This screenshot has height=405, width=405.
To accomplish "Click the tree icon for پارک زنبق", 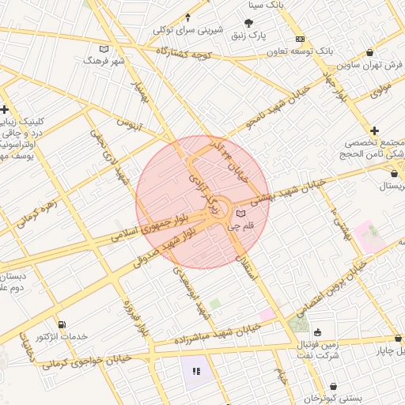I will click(x=250, y=23).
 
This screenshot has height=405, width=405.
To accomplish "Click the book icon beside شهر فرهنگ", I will click(x=104, y=49).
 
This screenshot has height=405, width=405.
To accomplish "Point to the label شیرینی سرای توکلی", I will click(x=184, y=29).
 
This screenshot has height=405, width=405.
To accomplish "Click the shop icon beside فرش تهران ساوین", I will click(x=388, y=64).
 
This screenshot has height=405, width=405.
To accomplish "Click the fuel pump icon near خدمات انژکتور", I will click(x=62, y=324).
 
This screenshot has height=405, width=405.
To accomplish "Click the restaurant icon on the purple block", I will click(x=195, y=369).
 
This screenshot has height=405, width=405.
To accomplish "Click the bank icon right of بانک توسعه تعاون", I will click(x=300, y=39).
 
